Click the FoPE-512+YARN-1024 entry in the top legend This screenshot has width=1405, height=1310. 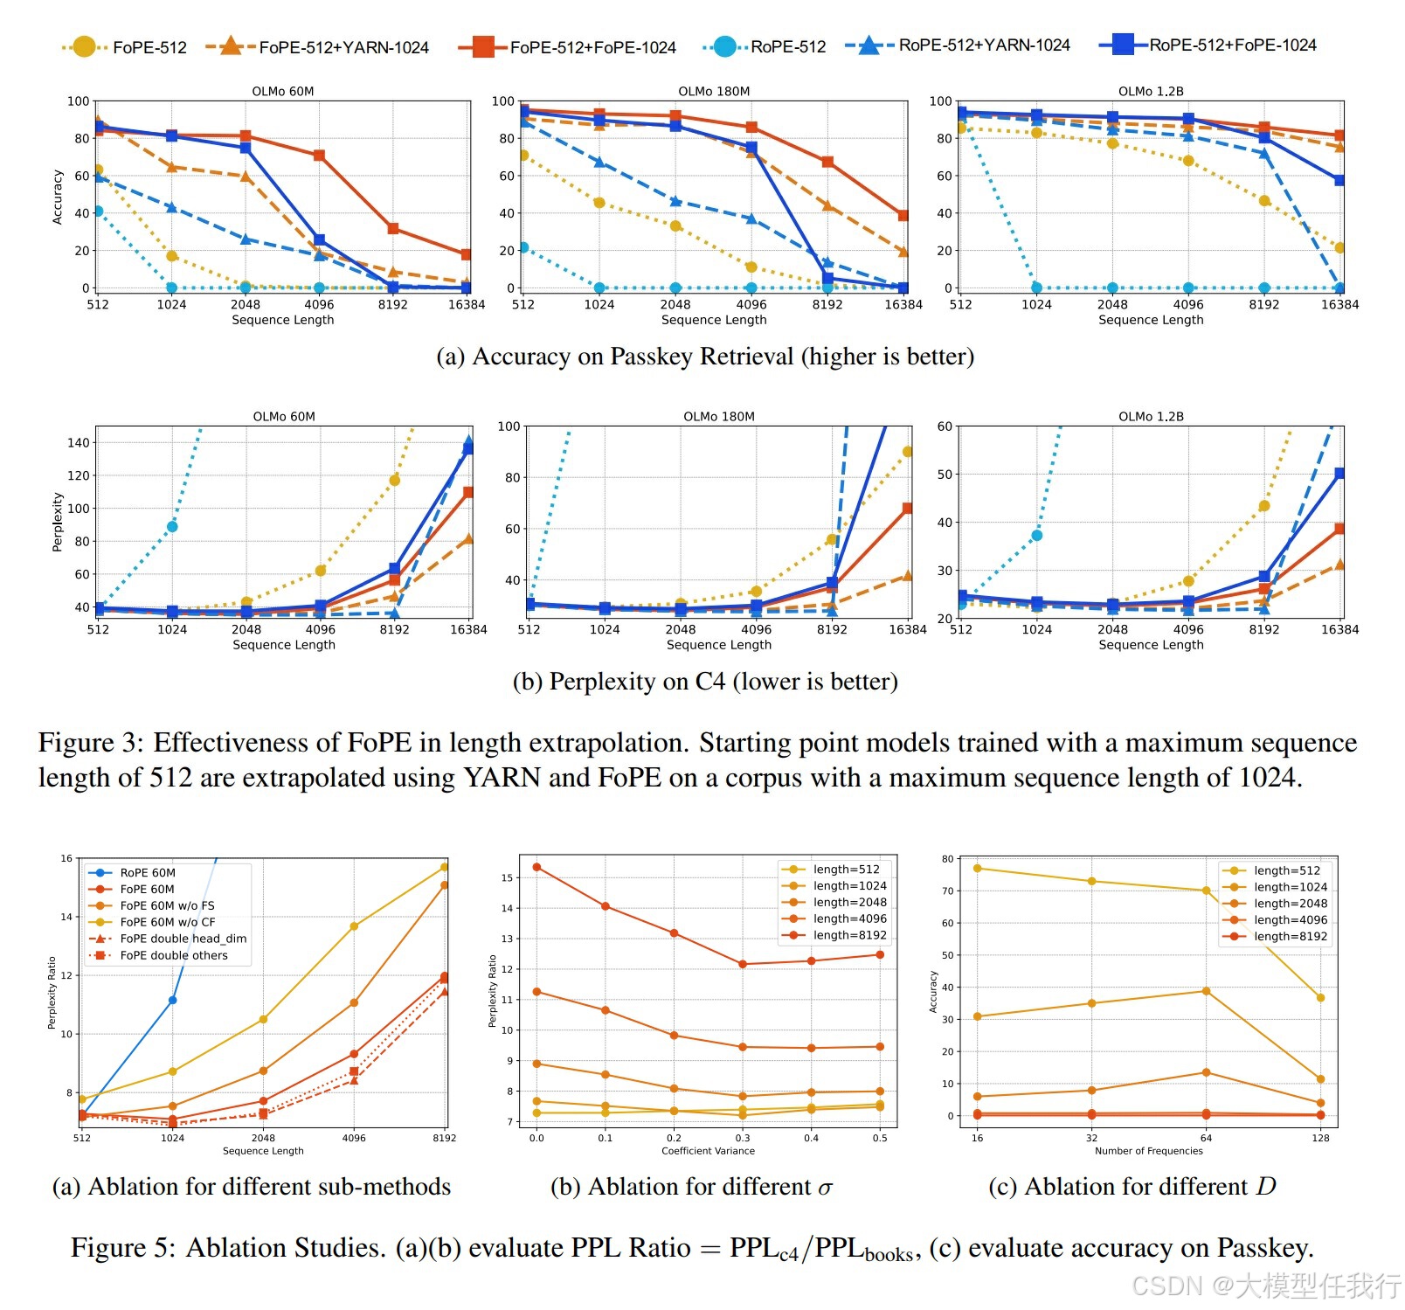point(343,47)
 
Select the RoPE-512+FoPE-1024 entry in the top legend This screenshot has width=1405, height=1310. point(1232,45)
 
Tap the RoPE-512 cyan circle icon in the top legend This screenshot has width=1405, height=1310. point(724,46)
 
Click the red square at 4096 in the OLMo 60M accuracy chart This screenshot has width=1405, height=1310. point(319,156)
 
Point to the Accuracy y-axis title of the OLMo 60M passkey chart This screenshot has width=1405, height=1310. point(58,198)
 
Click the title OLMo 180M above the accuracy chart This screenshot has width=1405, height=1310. point(714,91)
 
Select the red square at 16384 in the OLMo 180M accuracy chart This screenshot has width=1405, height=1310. point(903,215)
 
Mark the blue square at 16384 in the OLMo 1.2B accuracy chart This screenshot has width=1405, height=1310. point(1339,180)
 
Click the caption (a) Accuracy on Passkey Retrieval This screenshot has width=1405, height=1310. point(704,357)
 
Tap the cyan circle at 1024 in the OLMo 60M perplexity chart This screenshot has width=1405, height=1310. point(172,526)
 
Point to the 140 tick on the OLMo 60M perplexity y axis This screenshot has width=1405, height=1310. point(79,443)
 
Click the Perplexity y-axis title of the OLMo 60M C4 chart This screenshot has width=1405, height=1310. point(58,522)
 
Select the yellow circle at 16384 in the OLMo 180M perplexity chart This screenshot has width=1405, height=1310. point(908,452)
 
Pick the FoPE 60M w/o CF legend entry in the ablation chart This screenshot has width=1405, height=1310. point(167,922)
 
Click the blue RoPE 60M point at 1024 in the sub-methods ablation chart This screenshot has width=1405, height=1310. point(172,1000)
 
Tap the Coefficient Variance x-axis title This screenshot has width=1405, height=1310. point(708,1151)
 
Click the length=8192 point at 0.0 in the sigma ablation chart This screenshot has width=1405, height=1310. point(536,867)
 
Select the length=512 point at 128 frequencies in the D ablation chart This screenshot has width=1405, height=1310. point(1320,998)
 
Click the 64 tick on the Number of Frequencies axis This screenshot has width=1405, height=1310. point(1206,1138)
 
